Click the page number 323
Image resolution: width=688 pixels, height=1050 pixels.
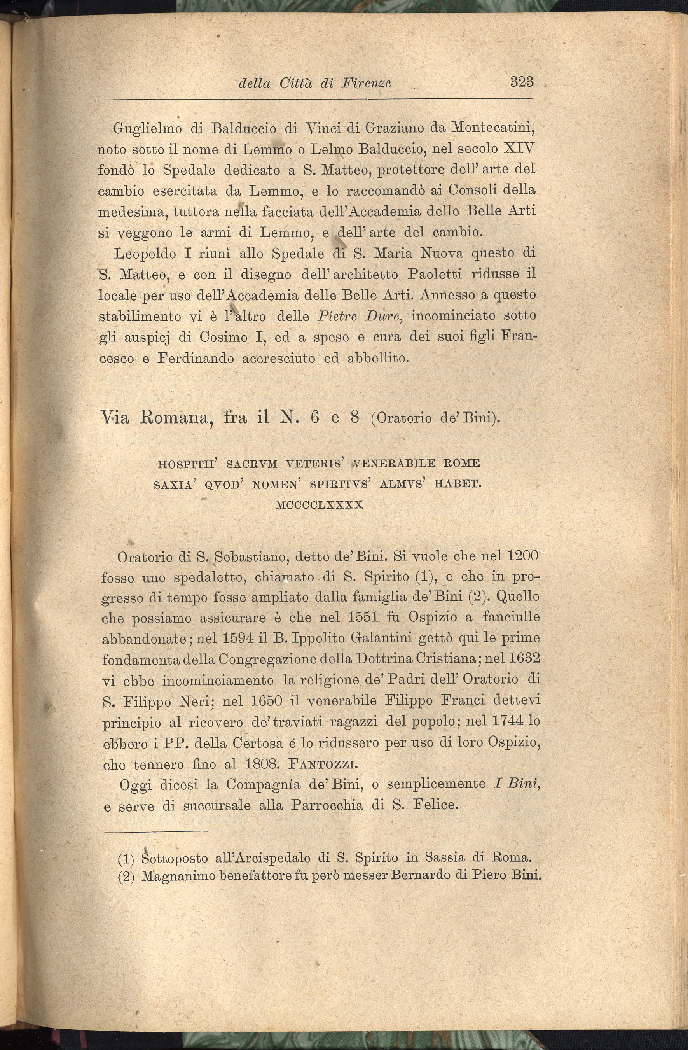(x=522, y=82)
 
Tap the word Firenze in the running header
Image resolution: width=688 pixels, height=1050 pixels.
(x=366, y=83)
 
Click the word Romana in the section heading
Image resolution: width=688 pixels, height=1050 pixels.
(x=174, y=417)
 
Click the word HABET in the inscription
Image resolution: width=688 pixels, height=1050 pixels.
(x=458, y=485)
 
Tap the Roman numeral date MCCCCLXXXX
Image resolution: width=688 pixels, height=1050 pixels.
(x=319, y=505)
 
